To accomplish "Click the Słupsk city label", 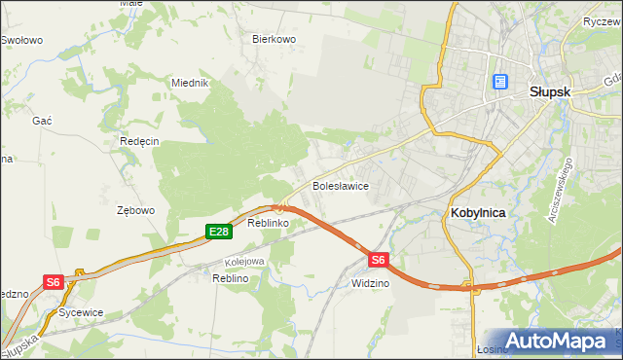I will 548,90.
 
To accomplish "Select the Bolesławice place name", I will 339,185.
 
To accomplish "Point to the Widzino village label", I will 370,283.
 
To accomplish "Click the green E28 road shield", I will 219,232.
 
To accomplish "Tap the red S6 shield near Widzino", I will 380,260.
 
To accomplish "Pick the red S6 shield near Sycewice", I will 54,282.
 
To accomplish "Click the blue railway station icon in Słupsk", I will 500,83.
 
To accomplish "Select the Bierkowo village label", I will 274,40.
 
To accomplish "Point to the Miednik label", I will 191,84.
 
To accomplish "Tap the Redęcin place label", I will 139,141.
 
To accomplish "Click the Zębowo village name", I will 135,210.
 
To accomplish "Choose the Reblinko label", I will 266,224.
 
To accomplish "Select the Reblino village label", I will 232,278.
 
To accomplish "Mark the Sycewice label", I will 81,313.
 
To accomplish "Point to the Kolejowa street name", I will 244,262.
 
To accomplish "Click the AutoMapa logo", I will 562,342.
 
